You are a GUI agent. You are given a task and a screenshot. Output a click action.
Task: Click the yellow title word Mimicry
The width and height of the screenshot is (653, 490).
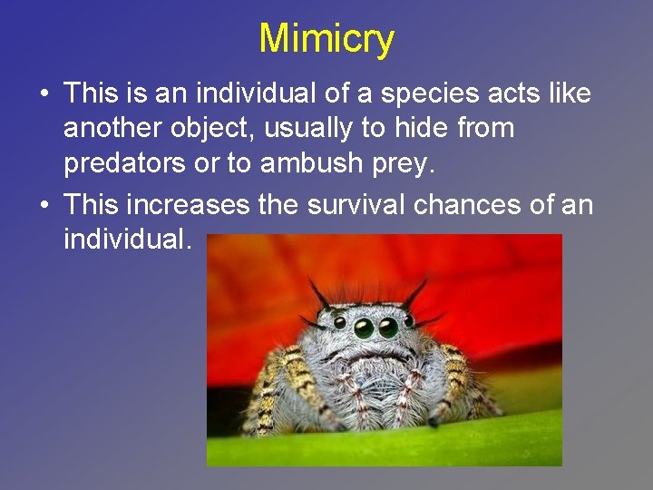(326, 39)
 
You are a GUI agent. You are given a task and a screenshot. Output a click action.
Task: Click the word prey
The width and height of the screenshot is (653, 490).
(380, 166)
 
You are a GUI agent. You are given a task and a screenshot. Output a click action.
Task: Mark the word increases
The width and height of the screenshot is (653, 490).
(184, 205)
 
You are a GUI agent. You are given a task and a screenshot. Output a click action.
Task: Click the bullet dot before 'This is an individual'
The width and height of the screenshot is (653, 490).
(44, 94)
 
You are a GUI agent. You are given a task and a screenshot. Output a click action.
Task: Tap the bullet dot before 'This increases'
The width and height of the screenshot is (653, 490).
(44, 206)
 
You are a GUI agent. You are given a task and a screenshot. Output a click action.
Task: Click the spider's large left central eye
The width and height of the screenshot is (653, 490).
(364, 328)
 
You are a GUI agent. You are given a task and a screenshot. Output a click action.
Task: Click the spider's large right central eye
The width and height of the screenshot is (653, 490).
(389, 327)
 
